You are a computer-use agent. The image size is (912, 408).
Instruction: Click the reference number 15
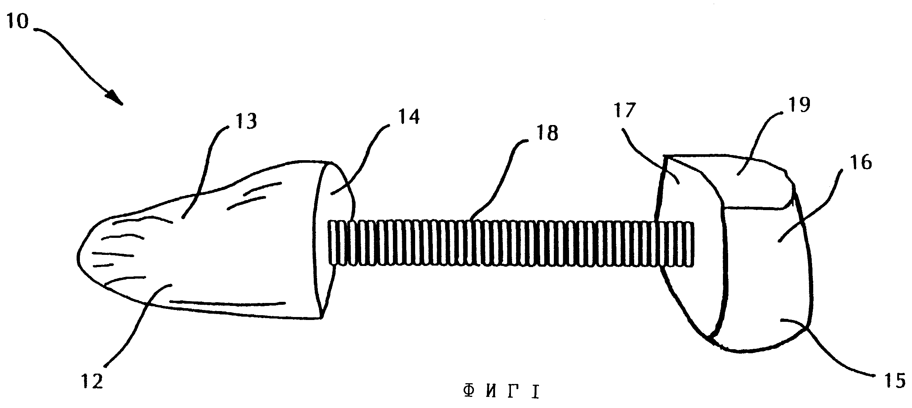tap(895, 380)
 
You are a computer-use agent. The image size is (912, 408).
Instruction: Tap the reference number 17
tap(625, 110)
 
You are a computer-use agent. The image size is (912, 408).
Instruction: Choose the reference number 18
tap(547, 133)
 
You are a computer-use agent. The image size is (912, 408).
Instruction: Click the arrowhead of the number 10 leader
tap(116, 98)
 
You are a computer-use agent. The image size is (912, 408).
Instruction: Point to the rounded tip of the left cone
tap(79, 255)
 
